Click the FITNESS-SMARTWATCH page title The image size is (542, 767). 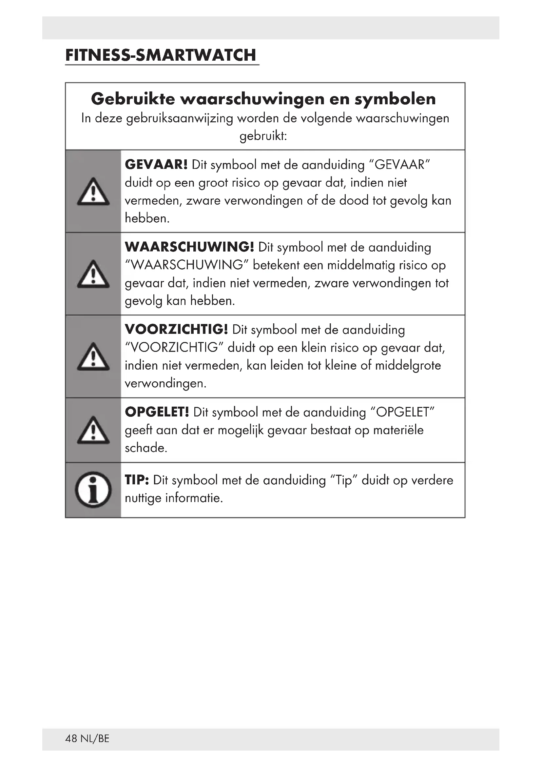coord(161,55)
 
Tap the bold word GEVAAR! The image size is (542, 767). coord(156,165)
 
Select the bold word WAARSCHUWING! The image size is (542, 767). coord(189,247)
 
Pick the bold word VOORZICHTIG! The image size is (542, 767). coord(176,330)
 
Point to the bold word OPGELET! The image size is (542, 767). coord(157,412)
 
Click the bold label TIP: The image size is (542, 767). coord(137,480)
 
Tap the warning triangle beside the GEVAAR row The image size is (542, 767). coord(93,192)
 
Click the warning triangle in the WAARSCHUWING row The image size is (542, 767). coord(93,274)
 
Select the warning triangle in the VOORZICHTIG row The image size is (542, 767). coord(93,357)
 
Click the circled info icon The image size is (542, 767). coord(93,490)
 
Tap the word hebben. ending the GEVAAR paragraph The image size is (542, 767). coord(147,218)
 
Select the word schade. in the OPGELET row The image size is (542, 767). coord(146,448)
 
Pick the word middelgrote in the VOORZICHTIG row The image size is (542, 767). coord(408,365)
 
